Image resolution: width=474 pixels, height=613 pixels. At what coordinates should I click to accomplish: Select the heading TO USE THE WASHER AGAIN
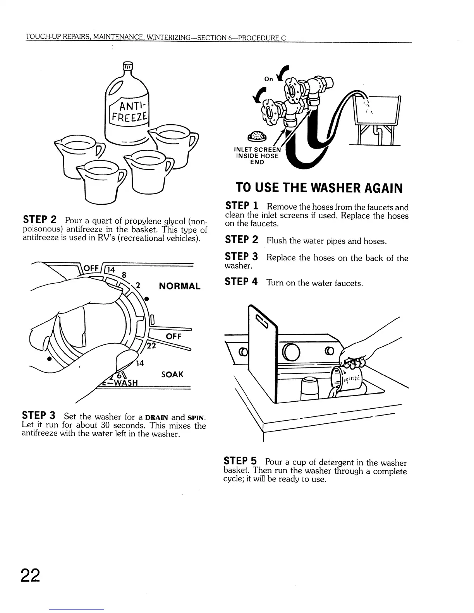click(x=319, y=188)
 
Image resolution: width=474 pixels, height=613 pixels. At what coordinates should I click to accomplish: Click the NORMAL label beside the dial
click(x=180, y=286)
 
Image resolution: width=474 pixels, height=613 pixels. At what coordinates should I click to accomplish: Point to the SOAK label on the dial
click(x=172, y=374)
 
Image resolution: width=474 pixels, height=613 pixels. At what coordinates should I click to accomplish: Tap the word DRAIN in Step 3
click(x=156, y=418)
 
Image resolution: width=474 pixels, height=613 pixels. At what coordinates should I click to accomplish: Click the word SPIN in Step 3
click(x=196, y=418)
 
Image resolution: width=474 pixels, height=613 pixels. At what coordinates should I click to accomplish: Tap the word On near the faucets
click(x=268, y=79)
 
